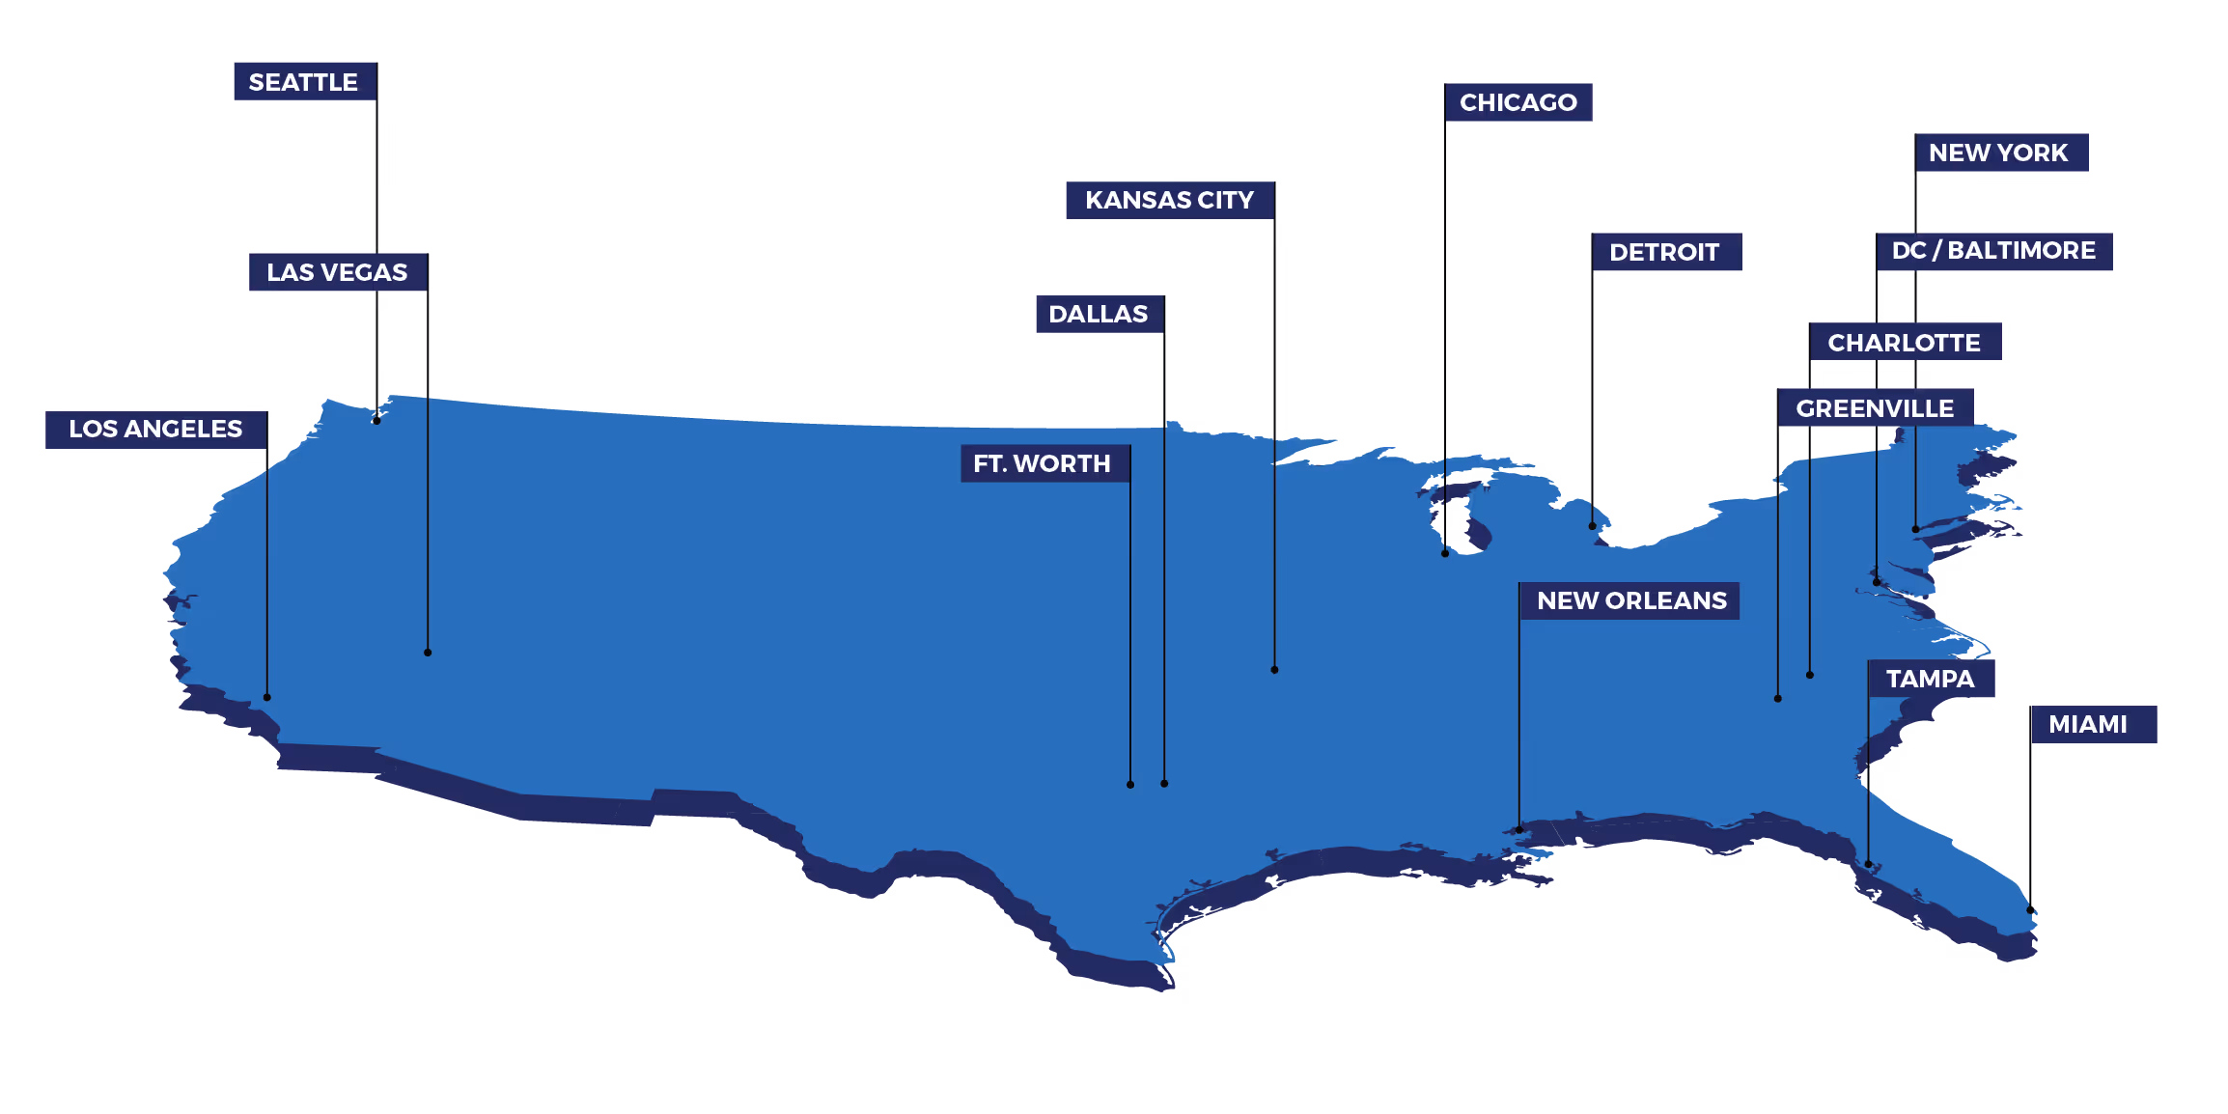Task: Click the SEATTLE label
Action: (304, 82)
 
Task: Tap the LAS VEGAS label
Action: (337, 272)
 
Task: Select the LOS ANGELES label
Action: (155, 430)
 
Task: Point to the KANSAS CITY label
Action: (1169, 200)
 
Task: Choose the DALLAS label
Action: (1099, 315)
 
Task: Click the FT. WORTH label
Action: (1043, 463)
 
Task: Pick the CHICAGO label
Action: (1518, 102)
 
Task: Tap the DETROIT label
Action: (1664, 252)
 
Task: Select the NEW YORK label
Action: (1999, 153)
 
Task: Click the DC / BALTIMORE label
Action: (1993, 251)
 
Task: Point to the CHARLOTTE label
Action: (1904, 342)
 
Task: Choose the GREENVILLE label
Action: (1875, 408)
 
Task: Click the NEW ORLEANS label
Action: (1631, 600)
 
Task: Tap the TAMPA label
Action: (1931, 679)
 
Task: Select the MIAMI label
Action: (2088, 724)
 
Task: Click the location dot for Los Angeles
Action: (267, 697)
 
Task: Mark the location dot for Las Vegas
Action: (428, 653)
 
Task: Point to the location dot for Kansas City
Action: (1274, 670)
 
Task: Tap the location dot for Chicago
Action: (1445, 553)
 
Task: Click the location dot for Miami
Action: (2030, 909)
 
